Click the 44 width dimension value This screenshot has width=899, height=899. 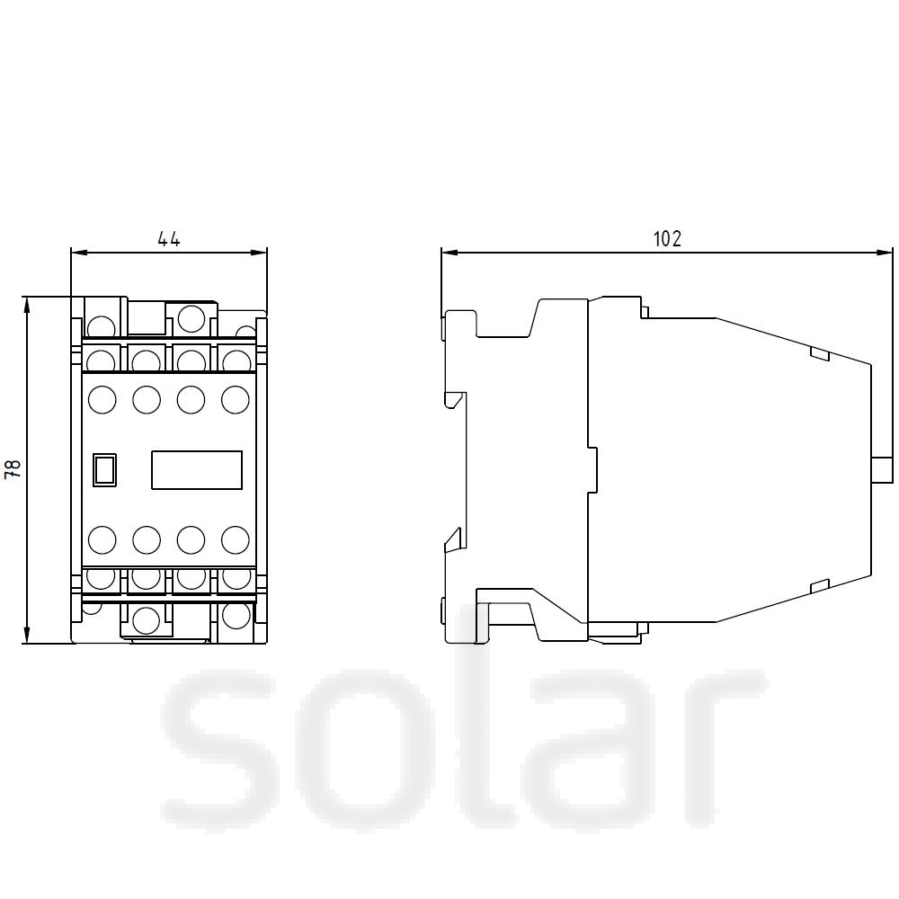click(x=169, y=238)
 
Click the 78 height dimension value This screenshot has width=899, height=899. click(x=13, y=469)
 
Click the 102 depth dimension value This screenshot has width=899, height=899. click(x=667, y=238)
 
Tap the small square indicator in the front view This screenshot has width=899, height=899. click(x=104, y=470)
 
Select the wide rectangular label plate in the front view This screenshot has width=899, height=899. click(x=197, y=470)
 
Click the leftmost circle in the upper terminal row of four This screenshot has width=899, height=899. click(x=102, y=400)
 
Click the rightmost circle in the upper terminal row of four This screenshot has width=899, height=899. click(x=235, y=400)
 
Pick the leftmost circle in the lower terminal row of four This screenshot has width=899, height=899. click(x=102, y=540)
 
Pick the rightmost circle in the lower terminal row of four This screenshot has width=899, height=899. click(x=235, y=540)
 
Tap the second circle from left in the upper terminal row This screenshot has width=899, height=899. click(x=147, y=400)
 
